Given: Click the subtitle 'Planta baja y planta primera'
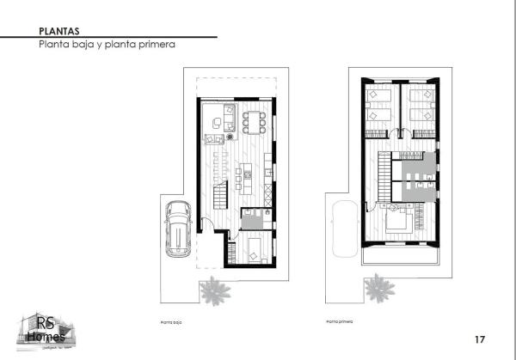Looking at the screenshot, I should (x=101, y=45).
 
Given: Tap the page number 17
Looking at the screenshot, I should (x=481, y=338).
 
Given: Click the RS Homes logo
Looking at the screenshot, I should (x=44, y=330).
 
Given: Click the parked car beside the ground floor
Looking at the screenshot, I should (x=179, y=229).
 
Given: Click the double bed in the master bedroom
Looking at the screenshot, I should (x=399, y=221).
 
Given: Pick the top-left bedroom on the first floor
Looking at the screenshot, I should (x=380, y=109).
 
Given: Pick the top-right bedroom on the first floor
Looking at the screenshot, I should (x=421, y=109).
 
